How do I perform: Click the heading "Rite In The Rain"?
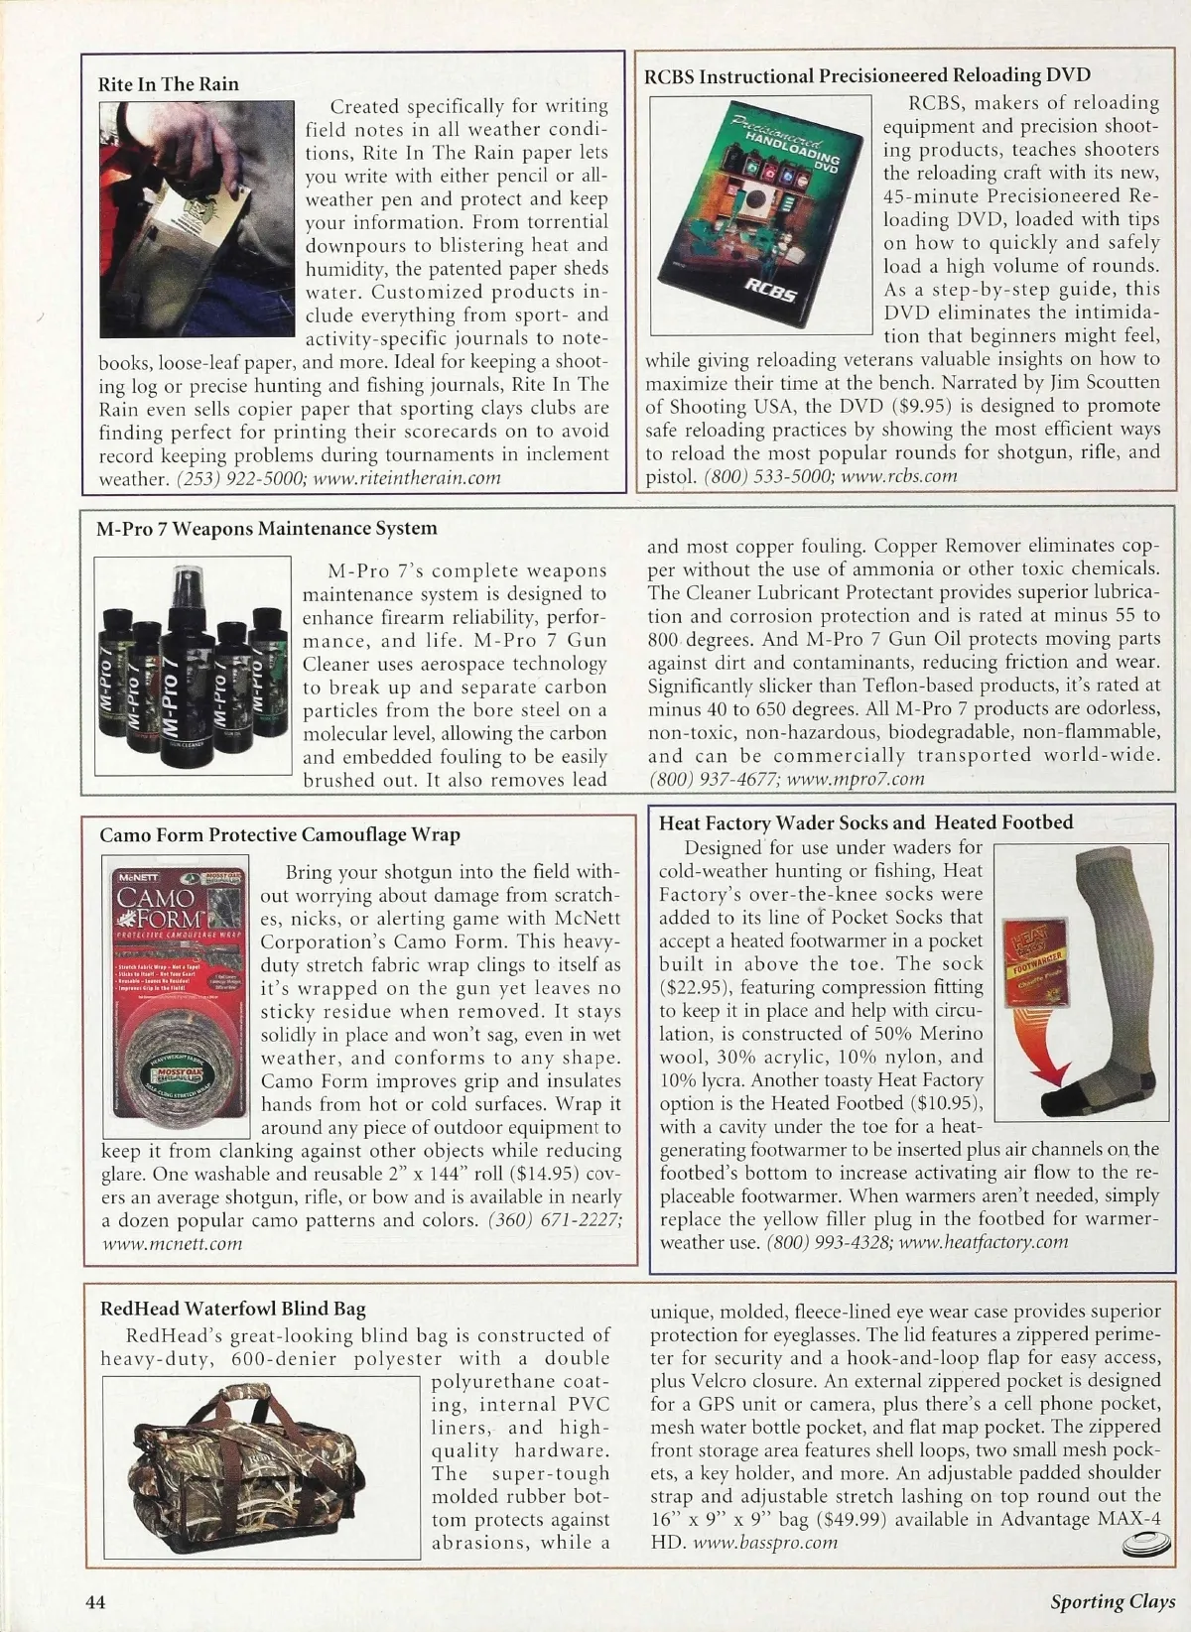tap(168, 84)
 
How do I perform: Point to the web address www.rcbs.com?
tap(899, 475)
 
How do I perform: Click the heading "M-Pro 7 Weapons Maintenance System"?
tap(266, 529)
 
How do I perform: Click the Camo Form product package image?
tap(175, 1001)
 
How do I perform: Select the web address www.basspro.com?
tap(764, 1543)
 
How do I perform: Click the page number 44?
tap(95, 1602)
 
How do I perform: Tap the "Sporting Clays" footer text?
tap(1114, 1601)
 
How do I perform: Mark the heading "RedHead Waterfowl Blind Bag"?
tap(232, 1309)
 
